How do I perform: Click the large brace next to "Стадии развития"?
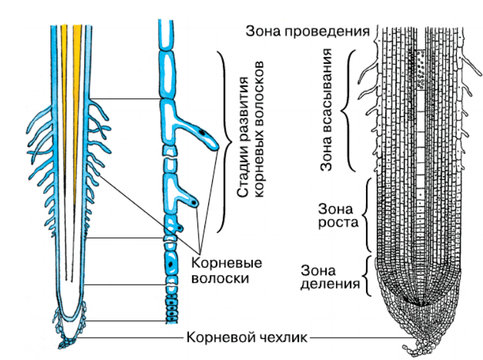[224, 142]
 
